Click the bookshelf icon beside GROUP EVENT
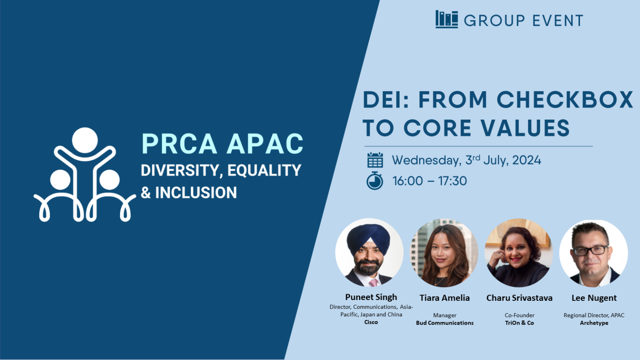click(446, 19)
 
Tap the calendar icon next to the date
click(375, 160)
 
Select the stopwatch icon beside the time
click(375, 181)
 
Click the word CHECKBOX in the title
click(565, 100)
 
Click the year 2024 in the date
click(527, 160)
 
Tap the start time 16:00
click(407, 181)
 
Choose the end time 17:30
click(452, 181)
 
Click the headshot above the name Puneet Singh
click(369, 252)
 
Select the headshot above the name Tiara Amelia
click(444, 252)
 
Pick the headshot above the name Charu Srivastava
click(519, 252)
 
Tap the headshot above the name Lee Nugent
click(593, 252)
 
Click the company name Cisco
click(371, 322)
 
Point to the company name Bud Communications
click(445, 323)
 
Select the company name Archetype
click(594, 323)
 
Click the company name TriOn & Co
click(519, 323)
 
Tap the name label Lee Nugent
click(594, 298)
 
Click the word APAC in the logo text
click(265, 144)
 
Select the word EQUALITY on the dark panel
click(264, 170)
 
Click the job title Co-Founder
click(519, 315)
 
